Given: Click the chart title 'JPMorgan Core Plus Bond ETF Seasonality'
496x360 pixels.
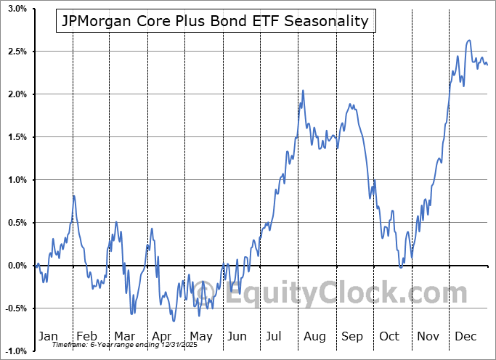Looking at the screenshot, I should pyautogui.click(x=216, y=22).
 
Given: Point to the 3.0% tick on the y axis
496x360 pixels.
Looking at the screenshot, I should pyautogui.click(x=17, y=9).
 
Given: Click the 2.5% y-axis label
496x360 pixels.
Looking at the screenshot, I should pyautogui.click(x=17, y=52).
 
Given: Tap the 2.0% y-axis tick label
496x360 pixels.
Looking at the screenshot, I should pyautogui.click(x=17, y=94).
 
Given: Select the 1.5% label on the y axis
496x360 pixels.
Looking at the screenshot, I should pyautogui.click(x=17, y=137).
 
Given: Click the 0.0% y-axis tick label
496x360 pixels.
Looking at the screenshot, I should pyautogui.click(x=17, y=266).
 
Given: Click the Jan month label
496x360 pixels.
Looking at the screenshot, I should pyautogui.click(x=48, y=336).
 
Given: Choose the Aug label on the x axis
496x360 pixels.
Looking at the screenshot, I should pyautogui.click(x=314, y=336).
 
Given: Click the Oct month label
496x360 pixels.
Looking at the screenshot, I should pyautogui.click(x=390, y=336).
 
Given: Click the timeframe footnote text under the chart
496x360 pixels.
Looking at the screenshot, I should pyautogui.click(x=115, y=345).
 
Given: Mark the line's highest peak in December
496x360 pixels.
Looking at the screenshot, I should pyautogui.click(x=469, y=41).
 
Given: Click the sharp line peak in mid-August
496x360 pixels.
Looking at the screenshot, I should pyautogui.click(x=303, y=90).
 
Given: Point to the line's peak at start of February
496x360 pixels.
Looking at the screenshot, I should pyautogui.click(x=73, y=196).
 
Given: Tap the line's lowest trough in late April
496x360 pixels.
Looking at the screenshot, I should pyautogui.click(x=173, y=321).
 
